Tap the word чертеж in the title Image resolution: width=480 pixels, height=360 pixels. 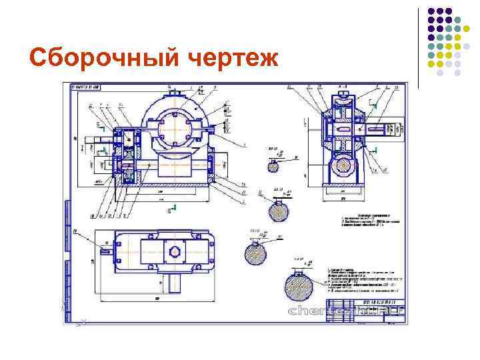[227, 59]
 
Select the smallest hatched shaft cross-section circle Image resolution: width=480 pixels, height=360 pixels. [273, 166]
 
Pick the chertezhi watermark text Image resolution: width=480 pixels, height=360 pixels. [347, 311]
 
